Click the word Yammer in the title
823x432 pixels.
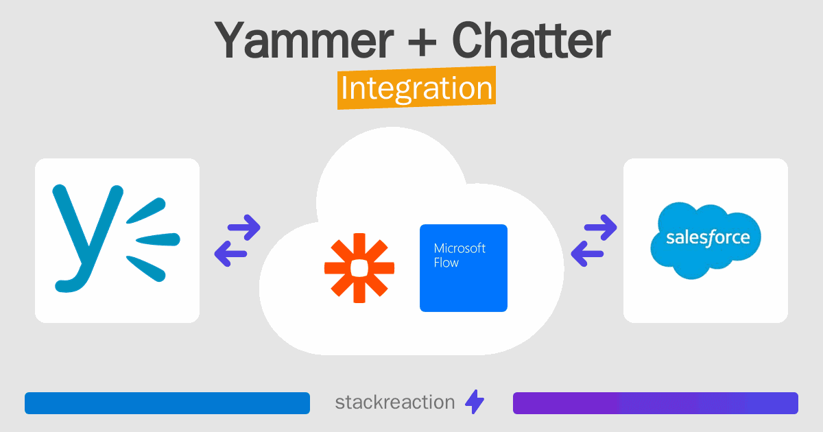305,40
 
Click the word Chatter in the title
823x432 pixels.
531,40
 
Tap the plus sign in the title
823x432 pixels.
422,43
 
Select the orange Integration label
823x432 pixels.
417,88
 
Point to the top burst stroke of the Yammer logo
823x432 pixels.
146,211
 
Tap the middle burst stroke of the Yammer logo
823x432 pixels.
158,239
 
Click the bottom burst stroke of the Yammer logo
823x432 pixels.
146,269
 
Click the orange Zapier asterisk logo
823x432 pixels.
359,268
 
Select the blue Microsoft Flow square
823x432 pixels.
464,268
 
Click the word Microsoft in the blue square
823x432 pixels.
460,249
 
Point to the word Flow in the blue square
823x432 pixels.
446,263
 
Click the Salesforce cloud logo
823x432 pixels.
706,240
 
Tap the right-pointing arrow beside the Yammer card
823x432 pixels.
244,228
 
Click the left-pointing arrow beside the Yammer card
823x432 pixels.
230,254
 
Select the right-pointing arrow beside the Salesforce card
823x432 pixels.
601,228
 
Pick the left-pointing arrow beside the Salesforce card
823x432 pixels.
587,254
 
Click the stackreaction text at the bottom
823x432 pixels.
395,403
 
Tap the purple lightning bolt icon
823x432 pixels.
475,402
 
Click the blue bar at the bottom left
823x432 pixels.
167,403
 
